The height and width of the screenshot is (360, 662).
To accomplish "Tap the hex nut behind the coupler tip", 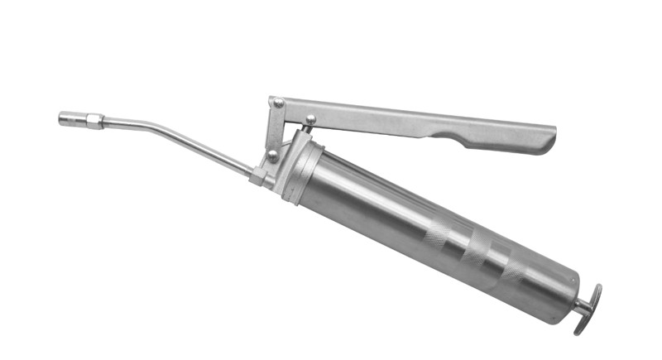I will coord(94,121).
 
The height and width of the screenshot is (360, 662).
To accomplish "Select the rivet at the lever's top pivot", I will coord(279,103).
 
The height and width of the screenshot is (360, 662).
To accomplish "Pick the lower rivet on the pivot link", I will coord(272,154).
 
